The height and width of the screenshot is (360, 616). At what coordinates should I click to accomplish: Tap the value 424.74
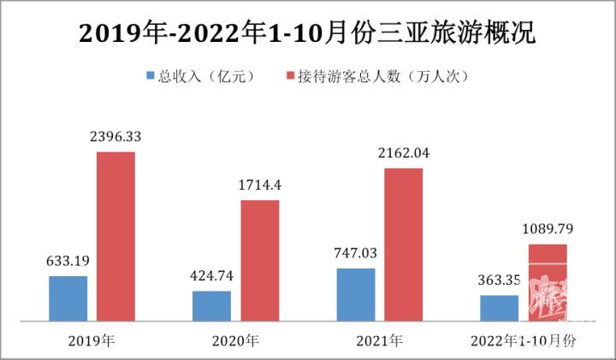tap(210, 276)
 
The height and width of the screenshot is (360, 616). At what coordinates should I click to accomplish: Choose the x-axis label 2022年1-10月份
tap(524, 340)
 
